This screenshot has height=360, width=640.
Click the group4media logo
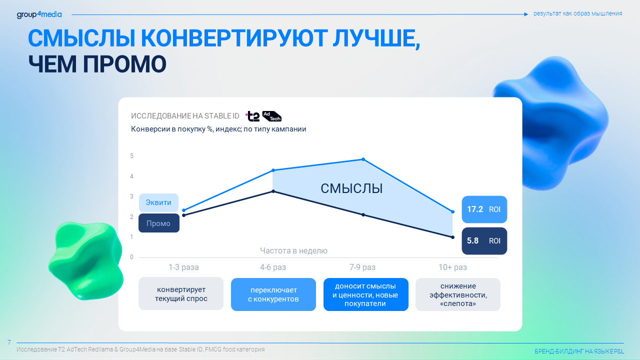39,14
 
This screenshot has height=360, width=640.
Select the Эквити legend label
158,202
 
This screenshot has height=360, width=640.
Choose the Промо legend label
159,223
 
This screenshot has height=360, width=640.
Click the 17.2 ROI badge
484,209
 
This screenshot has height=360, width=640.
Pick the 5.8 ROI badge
484,241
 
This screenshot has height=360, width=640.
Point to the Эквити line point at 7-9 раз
363,159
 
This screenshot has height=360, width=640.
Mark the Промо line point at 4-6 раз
273,191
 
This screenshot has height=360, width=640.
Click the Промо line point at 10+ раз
452,237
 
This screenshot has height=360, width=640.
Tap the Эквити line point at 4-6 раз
273,170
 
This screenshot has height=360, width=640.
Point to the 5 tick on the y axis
131,156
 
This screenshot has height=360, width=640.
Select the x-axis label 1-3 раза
183,267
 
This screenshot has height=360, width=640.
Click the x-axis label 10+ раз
452,267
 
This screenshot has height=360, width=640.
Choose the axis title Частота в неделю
293,251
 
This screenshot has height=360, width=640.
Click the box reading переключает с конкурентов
273,294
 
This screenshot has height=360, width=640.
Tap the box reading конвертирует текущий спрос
181,293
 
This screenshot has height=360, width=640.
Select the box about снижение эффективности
458,294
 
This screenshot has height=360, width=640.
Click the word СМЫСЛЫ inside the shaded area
351,188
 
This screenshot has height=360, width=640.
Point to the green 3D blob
85,260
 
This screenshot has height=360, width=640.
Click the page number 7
9,342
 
